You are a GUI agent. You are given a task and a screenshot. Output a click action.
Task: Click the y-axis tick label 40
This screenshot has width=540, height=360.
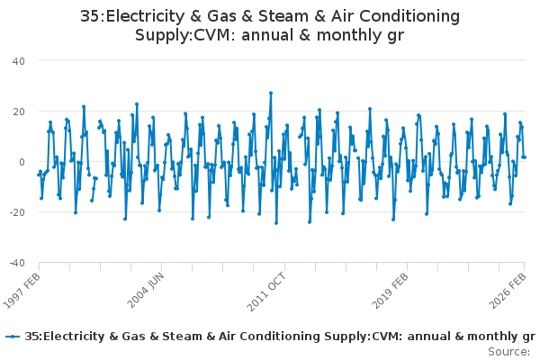(x=18, y=60)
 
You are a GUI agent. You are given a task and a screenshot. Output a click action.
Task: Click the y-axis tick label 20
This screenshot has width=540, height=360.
(x=18, y=111)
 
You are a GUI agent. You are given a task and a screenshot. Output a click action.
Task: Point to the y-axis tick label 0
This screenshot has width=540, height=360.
(x=22, y=162)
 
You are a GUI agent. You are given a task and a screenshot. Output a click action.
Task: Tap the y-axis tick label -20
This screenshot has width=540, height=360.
(x=16, y=212)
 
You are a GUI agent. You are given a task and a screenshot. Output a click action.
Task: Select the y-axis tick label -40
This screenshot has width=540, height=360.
(x=16, y=263)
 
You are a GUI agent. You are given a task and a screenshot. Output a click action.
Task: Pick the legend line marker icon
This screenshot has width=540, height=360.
(x=13, y=337)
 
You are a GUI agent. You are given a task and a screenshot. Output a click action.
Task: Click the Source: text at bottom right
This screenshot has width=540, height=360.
(x=509, y=351)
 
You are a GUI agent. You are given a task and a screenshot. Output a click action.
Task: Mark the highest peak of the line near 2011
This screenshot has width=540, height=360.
(x=270, y=93)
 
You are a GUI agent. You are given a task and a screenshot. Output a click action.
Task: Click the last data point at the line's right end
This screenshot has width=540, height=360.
(x=525, y=157)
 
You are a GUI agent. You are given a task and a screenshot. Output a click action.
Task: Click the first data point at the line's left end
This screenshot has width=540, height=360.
(x=38, y=175)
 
